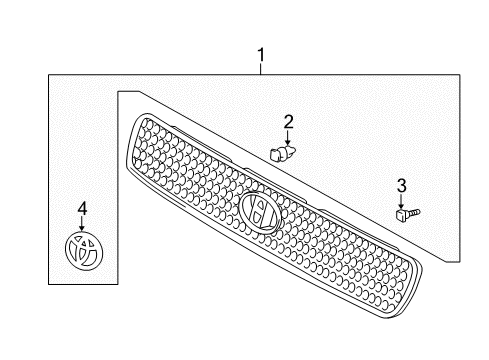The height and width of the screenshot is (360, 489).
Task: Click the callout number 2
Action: coord(288,122)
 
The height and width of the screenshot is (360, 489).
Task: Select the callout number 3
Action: coord(401,185)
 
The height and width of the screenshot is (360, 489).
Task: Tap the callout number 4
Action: coord(83,208)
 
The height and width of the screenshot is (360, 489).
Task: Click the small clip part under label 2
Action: coord(282,152)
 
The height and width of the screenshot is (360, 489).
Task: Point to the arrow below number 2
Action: coord(287,138)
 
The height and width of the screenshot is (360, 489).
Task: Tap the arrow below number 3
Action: coord(401,200)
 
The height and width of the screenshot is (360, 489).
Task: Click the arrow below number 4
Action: coord(83,224)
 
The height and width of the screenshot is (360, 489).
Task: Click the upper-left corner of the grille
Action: coord(141,118)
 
